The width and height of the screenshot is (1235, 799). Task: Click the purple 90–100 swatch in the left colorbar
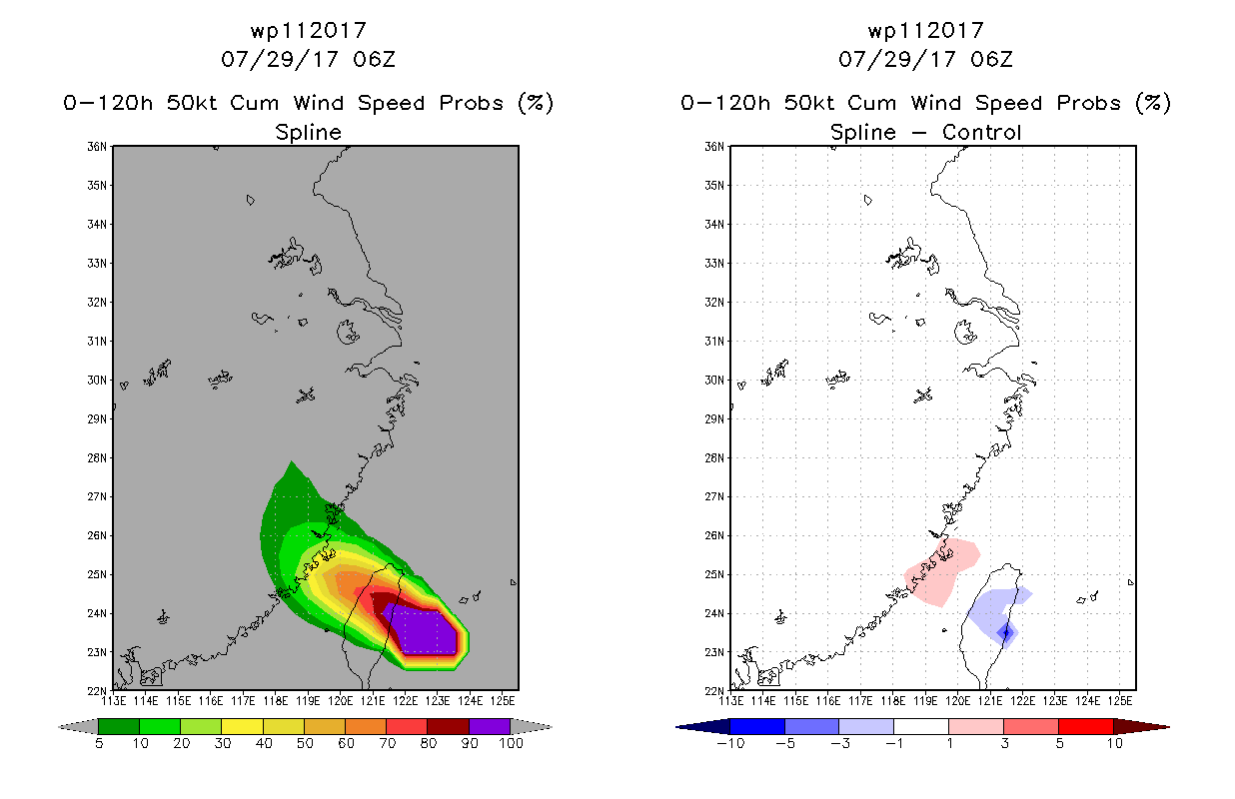(x=490, y=726)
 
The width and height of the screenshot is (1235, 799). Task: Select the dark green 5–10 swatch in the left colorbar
(x=119, y=726)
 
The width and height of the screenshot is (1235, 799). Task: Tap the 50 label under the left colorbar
(x=305, y=743)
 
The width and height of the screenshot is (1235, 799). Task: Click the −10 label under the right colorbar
(x=730, y=743)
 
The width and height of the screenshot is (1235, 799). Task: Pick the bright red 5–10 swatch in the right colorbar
(x=1085, y=726)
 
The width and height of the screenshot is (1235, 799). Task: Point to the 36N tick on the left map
(x=97, y=147)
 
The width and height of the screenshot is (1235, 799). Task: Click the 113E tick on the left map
(x=114, y=701)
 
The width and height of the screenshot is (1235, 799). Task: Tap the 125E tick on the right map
(x=1120, y=701)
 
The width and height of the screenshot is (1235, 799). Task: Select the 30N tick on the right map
(x=714, y=381)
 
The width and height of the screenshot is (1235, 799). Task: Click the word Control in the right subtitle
(x=981, y=132)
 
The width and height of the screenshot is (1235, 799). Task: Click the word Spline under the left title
(x=308, y=132)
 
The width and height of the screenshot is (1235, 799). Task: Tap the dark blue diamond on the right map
(x=1006, y=632)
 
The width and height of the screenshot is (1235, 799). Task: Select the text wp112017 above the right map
(x=925, y=31)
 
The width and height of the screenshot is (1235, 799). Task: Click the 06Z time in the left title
(x=374, y=60)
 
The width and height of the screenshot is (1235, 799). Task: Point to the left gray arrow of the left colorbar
(x=78, y=726)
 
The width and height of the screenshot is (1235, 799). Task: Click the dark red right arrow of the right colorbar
(x=1141, y=726)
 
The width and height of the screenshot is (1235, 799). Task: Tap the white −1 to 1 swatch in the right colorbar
(x=920, y=726)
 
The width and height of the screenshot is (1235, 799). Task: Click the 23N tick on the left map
(x=97, y=652)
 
